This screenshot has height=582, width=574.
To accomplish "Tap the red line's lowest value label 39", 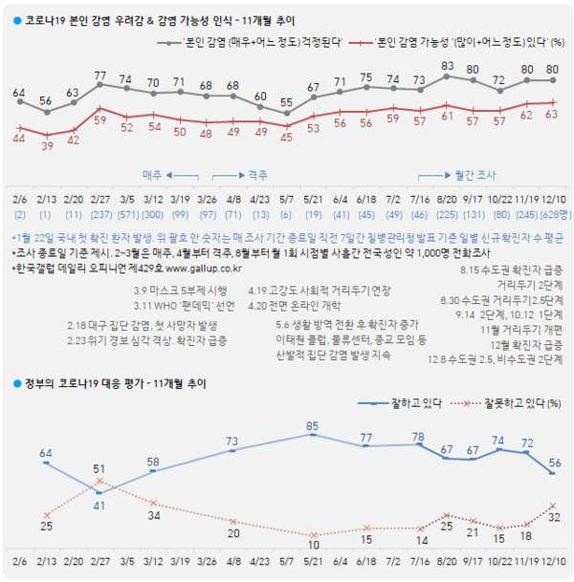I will click(x=47, y=145).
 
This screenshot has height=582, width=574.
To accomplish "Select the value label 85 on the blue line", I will click(x=313, y=425).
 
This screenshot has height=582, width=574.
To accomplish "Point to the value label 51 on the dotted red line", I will click(x=99, y=469).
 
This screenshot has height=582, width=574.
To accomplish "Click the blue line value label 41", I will click(x=99, y=506).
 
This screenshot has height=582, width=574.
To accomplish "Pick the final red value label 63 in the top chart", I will click(x=553, y=114).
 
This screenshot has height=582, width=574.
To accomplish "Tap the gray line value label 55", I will click(x=286, y=101).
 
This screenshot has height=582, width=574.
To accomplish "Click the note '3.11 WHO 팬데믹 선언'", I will click(x=185, y=305).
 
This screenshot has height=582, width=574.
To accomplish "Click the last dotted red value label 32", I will click(x=554, y=516).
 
